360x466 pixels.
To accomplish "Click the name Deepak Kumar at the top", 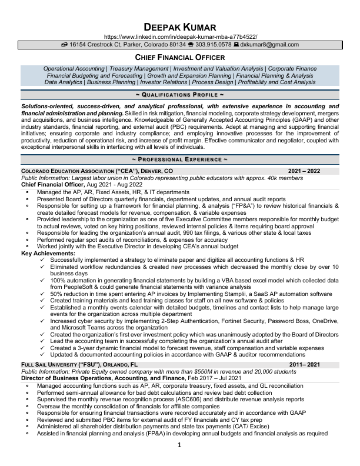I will pos(180,27).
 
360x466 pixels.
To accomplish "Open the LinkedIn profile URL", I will pos(180,36).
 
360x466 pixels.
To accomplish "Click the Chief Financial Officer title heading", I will pos(180,58).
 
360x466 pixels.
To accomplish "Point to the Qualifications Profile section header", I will pos(180,94).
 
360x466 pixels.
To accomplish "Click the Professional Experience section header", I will pos(180,159).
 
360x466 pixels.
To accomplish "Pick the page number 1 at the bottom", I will pos(180,445).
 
